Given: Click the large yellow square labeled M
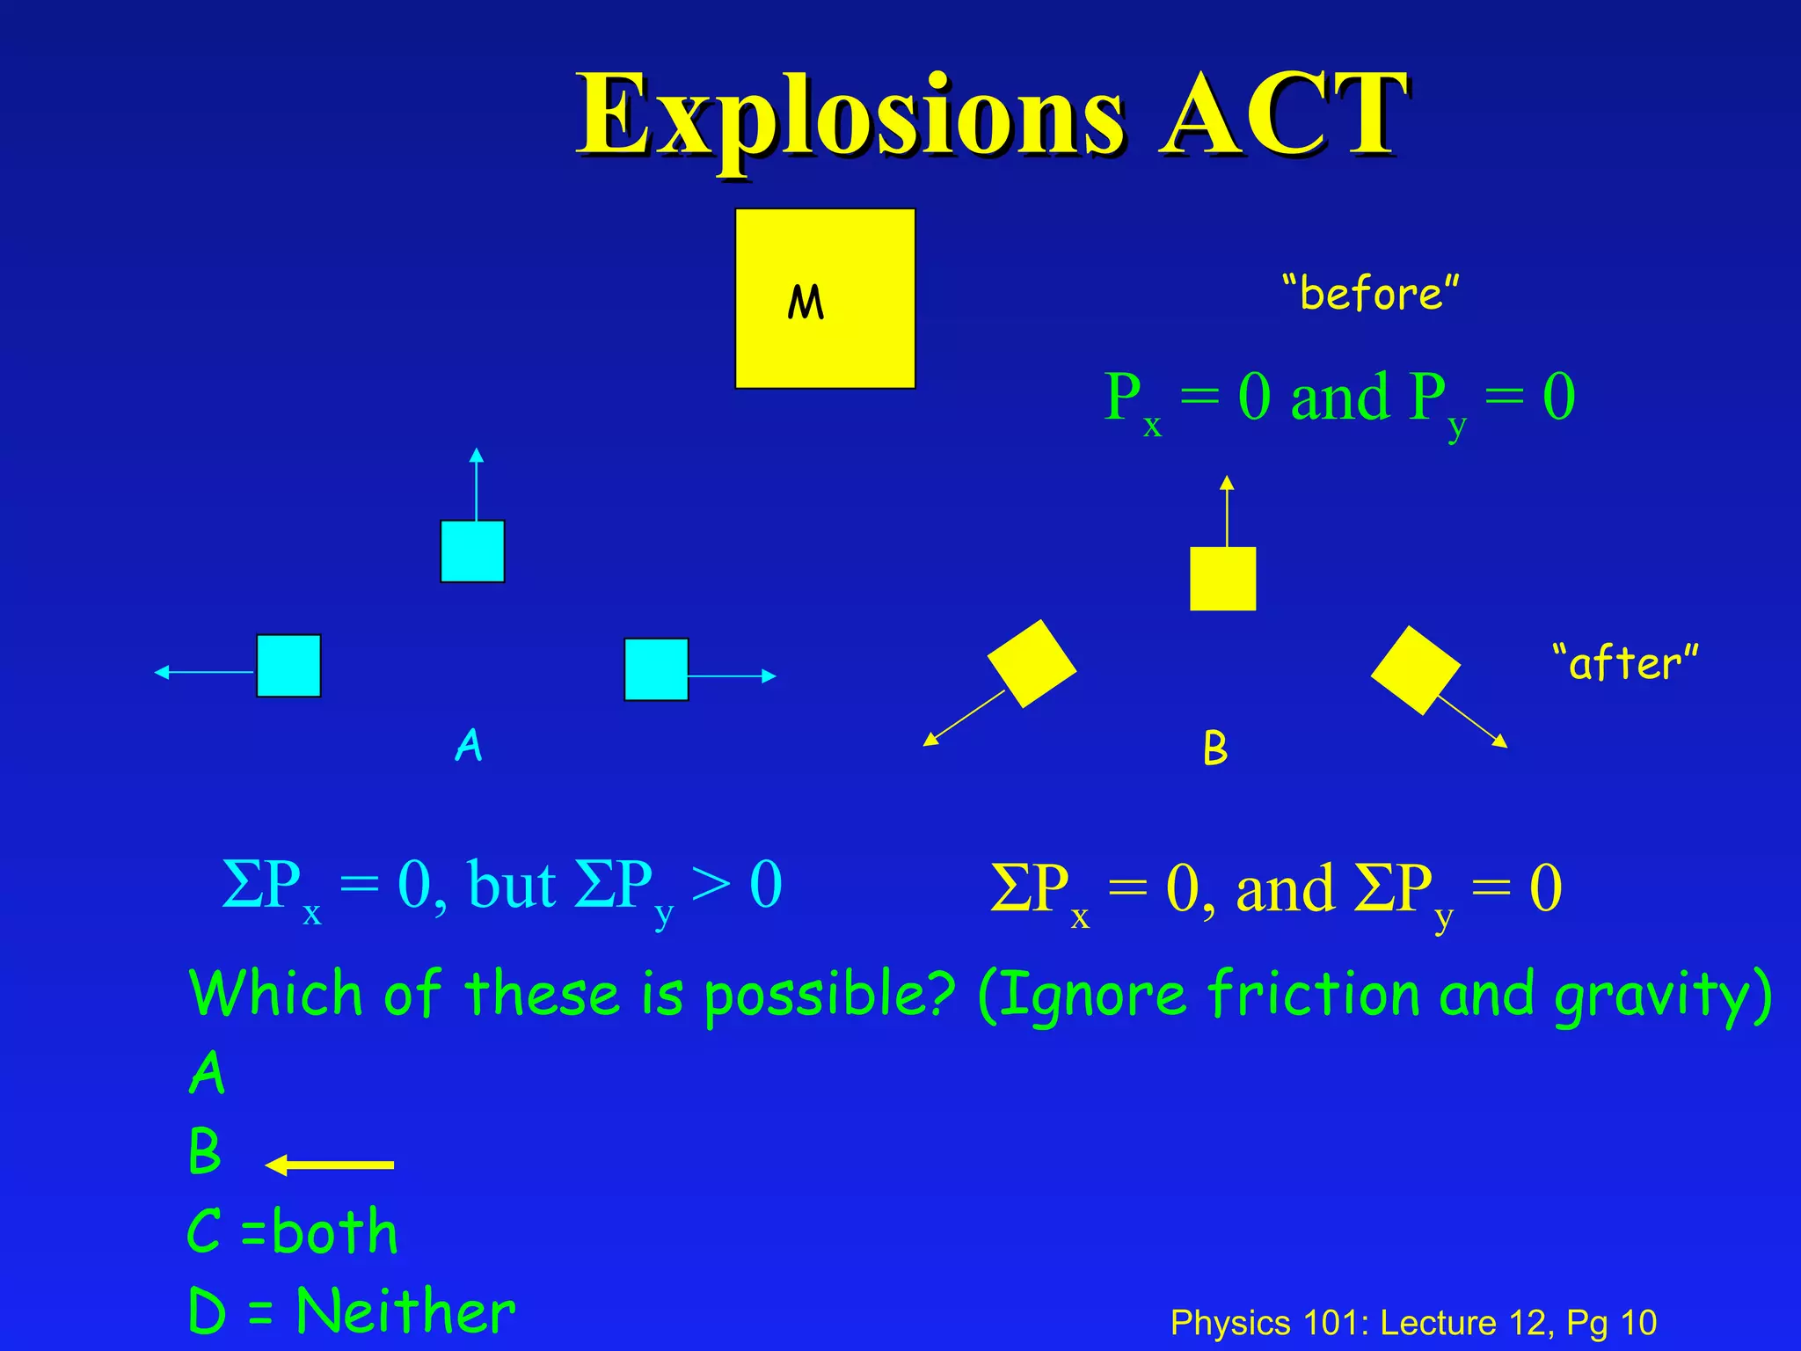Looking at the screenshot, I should click(x=825, y=298).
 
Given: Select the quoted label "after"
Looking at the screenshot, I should click(x=1624, y=662).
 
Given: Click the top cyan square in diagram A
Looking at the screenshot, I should click(x=472, y=551).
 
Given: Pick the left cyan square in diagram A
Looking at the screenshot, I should click(x=288, y=666).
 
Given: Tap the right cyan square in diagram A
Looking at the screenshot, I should click(x=656, y=669).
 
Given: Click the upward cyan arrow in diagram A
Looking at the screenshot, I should click(x=477, y=484).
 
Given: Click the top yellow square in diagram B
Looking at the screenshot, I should click(x=1222, y=579).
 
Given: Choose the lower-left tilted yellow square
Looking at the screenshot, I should click(x=1032, y=663).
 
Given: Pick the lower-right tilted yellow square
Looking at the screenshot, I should click(x=1415, y=669).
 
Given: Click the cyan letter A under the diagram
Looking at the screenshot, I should click(x=469, y=745).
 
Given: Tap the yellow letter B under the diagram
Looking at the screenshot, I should click(x=1215, y=749).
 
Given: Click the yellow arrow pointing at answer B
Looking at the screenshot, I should click(x=330, y=1165).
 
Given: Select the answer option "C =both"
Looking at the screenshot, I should click(x=293, y=1231).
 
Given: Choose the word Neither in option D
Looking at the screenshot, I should click(x=405, y=1311).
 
